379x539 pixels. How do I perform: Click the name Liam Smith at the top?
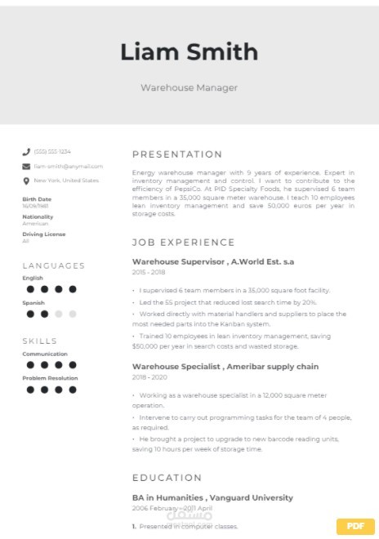pyautogui.click(x=189, y=52)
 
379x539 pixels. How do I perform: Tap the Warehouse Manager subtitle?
pyautogui.click(x=189, y=87)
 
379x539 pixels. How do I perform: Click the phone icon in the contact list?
pyautogui.click(x=26, y=152)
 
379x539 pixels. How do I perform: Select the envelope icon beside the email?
pyautogui.click(x=26, y=166)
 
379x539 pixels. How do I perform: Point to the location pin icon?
pyautogui.click(x=26, y=180)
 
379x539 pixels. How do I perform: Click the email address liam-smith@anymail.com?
pyautogui.click(x=68, y=166)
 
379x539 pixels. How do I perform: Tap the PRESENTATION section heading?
pyautogui.click(x=177, y=154)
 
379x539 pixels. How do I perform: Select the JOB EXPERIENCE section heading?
pyautogui.click(x=183, y=243)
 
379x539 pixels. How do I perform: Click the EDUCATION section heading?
pyautogui.click(x=167, y=478)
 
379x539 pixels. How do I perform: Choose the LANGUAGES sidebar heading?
pyautogui.click(x=53, y=265)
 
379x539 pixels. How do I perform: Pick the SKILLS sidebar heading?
pyautogui.click(x=39, y=341)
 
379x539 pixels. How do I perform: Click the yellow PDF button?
pyautogui.click(x=355, y=525)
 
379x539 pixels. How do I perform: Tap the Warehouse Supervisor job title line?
pyautogui.click(x=212, y=261)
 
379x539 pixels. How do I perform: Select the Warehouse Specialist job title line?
pyautogui.click(x=225, y=367)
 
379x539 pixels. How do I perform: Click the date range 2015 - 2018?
pyautogui.click(x=149, y=272)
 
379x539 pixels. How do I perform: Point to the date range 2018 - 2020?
pyautogui.click(x=149, y=377)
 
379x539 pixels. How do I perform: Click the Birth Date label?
pyautogui.click(x=37, y=198)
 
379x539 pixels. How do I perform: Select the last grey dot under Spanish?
pyautogui.click(x=72, y=314)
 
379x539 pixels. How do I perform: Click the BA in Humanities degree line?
pyautogui.click(x=212, y=497)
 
